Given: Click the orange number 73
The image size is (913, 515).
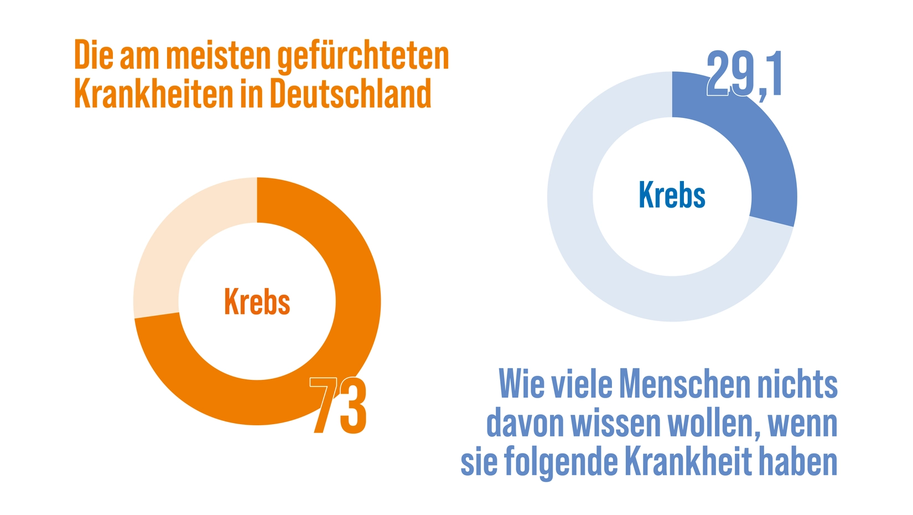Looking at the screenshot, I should (339, 405).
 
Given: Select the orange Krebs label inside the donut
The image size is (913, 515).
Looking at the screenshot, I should (257, 302).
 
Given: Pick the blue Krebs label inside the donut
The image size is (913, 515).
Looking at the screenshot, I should (672, 195).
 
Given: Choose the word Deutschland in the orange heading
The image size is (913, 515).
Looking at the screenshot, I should (350, 94).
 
